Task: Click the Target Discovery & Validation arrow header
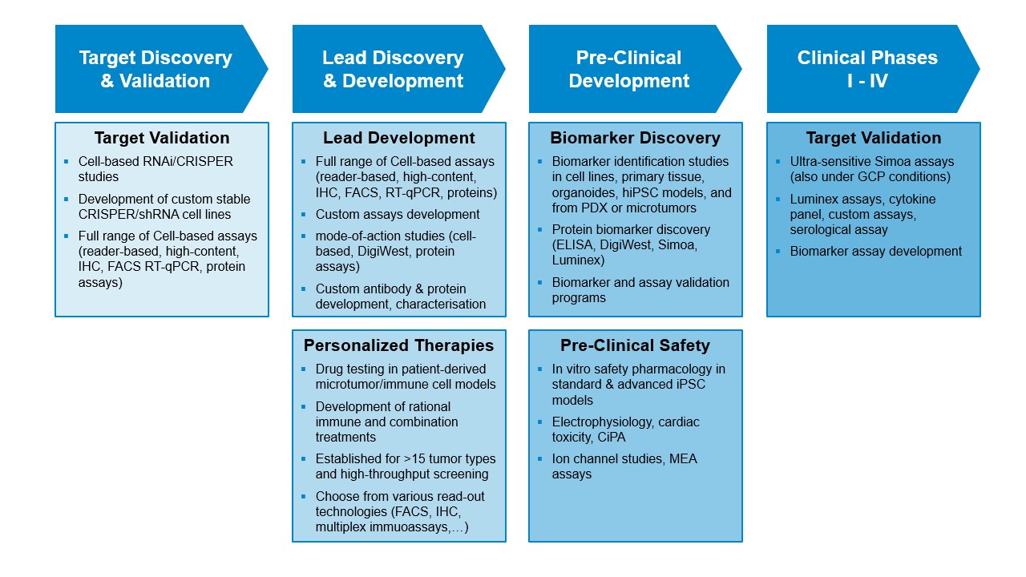point(161,69)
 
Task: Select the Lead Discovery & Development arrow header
point(398,69)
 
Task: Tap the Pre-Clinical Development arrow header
point(635,69)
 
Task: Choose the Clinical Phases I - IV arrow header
point(873,69)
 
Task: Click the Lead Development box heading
point(399,138)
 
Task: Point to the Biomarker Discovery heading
point(636,138)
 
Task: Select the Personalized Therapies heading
point(399,345)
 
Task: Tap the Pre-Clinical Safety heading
point(636,345)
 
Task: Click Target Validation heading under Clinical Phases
point(874,138)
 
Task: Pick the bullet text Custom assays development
point(398,214)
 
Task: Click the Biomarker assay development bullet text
point(876,252)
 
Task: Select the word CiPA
point(612,438)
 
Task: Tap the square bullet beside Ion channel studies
point(540,458)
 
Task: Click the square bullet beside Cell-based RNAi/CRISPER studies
point(67,161)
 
